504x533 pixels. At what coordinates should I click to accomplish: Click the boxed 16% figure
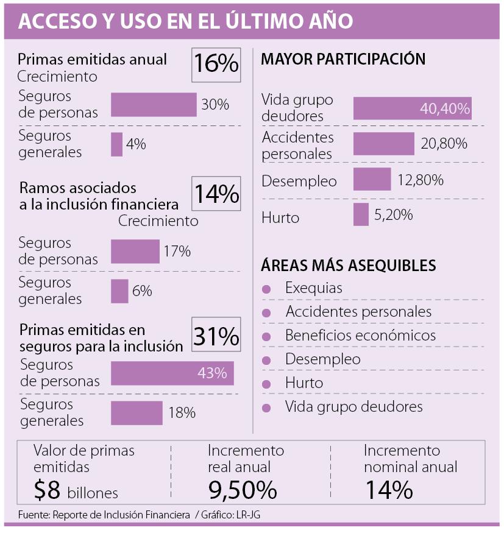[x=216, y=65]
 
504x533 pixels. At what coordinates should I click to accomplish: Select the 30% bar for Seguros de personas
[x=154, y=105]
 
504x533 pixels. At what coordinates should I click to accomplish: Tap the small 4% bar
[x=116, y=144]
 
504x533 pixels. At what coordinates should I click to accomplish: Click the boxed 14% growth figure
[x=216, y=194]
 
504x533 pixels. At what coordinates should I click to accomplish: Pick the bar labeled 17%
[x=135, y=251]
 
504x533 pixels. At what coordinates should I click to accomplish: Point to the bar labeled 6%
[x=119, y=291]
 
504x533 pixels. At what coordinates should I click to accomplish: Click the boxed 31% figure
[x=216, y=336]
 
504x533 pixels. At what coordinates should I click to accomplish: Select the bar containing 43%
[x=172, y=373]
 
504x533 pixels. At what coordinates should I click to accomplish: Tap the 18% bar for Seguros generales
[x=137, y=412]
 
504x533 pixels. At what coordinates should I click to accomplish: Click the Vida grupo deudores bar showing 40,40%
[x=413, y=108]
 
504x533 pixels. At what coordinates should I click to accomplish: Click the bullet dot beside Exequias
[x=266, y=289]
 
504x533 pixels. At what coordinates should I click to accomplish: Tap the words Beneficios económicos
[x=360, y=336]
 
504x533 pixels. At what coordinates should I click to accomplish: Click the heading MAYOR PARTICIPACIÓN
[x=343, y=59]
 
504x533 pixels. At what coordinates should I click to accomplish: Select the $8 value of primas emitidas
[x=48, y=490]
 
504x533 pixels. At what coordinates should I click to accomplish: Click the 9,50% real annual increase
[x=242, y=490]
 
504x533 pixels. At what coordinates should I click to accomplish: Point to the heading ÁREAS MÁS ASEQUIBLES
[x=348, y=266]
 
